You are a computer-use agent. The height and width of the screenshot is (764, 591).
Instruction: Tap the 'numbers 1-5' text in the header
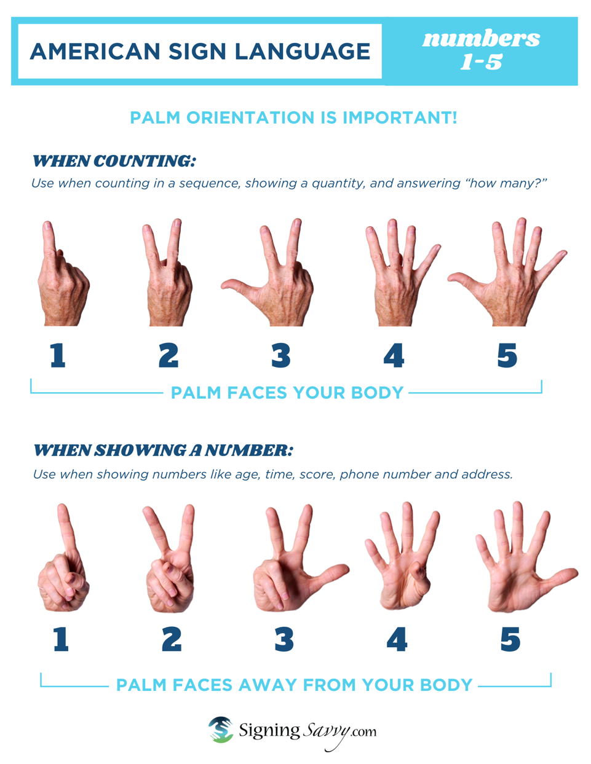pos(481,50)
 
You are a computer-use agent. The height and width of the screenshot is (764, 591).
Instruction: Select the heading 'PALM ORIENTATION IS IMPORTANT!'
pos(293,117)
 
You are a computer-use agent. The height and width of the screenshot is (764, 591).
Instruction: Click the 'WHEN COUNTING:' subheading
pos(114,162)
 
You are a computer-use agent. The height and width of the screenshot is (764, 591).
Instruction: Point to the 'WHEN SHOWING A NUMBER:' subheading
pos(163,451)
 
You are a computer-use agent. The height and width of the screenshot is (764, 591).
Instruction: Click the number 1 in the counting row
pos(58,356)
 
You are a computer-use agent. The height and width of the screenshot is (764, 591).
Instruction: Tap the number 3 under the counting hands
pos(281,356)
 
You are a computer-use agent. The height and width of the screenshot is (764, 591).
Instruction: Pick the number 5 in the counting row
pos(507,356)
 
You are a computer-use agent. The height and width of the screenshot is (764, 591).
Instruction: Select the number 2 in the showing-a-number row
pos(172,640)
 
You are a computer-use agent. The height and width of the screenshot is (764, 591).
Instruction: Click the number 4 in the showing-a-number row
pos(397,640)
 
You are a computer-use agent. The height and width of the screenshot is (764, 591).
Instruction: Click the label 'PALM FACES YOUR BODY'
pos(287,393)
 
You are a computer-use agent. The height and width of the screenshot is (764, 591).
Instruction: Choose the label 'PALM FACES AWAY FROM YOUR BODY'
pos(294,685)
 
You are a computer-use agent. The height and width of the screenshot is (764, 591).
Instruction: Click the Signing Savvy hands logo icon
pos(221,730)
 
